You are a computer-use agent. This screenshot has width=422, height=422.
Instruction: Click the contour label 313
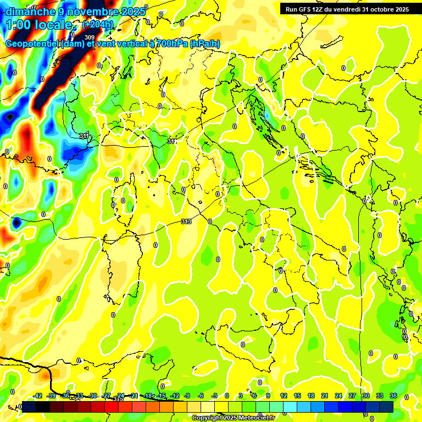coord(186,221)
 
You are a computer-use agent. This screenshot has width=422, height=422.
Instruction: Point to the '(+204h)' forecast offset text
coord(98,24)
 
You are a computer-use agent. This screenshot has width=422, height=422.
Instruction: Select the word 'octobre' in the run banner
coord(377,9)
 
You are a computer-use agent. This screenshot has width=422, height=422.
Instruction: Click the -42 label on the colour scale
coord(38,396)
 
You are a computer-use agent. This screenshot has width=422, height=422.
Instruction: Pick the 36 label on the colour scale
coord(393,396)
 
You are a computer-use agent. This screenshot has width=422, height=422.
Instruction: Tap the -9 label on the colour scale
coord(187,396)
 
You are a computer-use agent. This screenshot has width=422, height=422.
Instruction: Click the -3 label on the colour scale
coord(214,396)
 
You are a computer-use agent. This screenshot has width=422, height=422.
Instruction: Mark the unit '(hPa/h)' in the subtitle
coord(205,44)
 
